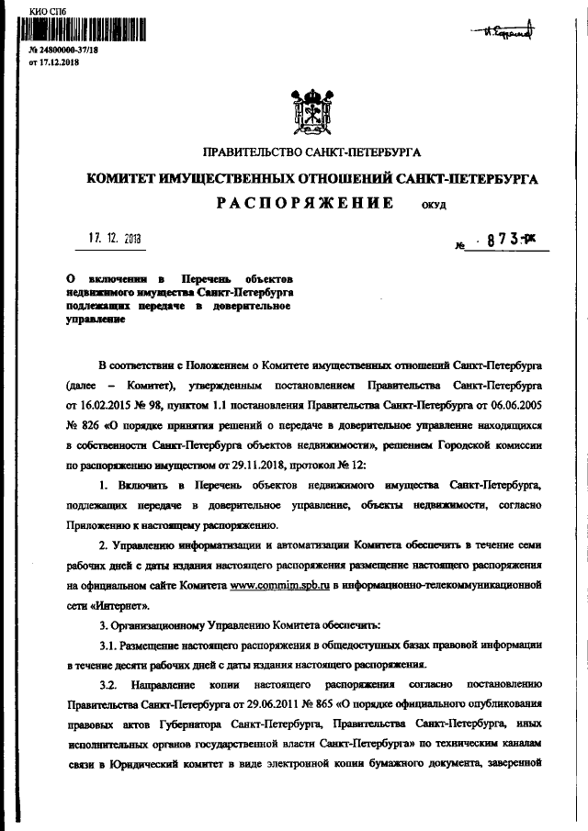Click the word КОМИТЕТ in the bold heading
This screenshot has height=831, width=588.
pyautogui.click(x=123, y=179)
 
